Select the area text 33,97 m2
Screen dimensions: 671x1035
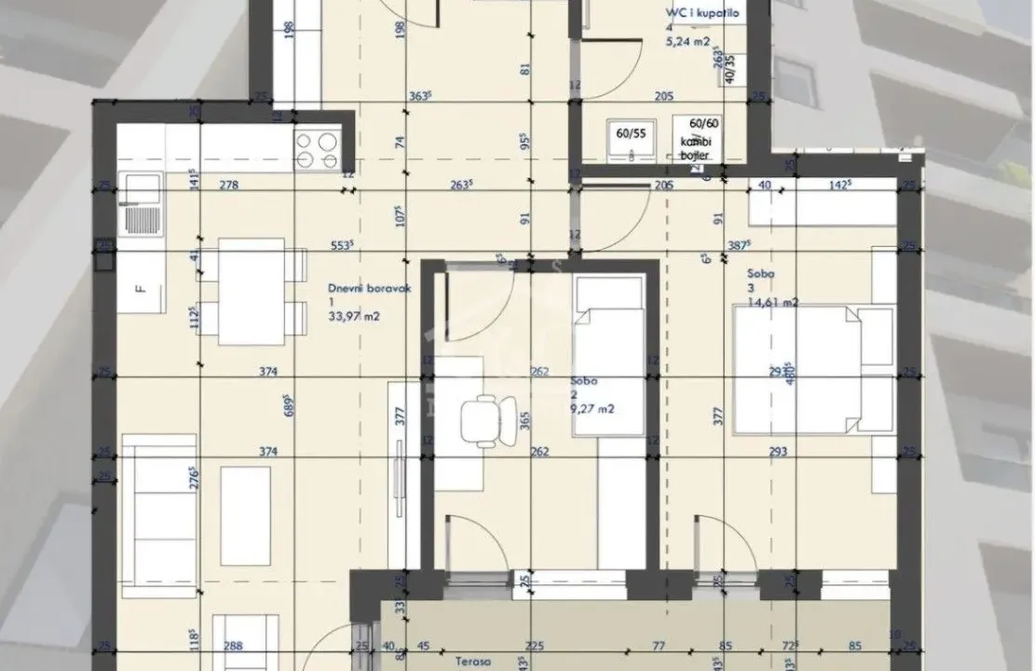353,317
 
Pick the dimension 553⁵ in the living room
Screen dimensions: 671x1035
342,247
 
